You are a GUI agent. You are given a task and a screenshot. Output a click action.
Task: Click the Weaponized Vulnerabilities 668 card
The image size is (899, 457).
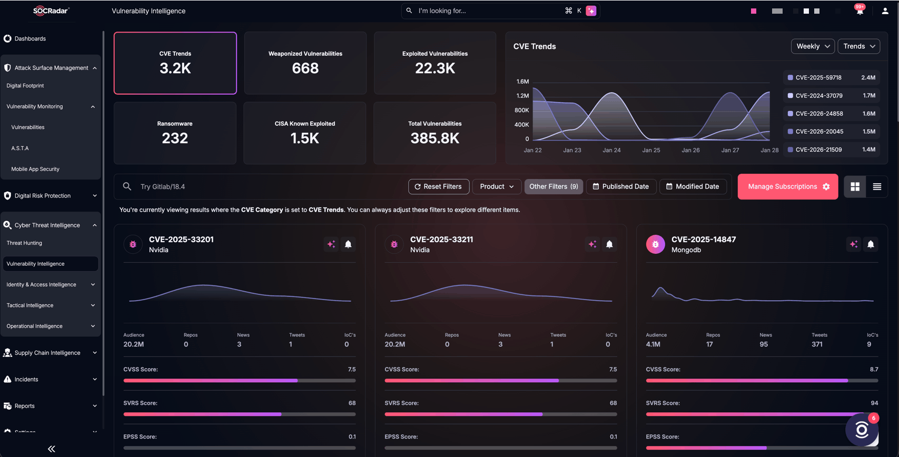click(x=305, y=63)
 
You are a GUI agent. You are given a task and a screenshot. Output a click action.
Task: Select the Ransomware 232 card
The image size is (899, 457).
click(x=175, y=133)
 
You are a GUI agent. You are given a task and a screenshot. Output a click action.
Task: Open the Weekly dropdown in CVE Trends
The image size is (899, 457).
click(x=812, y=46)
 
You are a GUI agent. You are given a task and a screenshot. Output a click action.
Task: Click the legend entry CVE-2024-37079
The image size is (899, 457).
click(x=818, y=96)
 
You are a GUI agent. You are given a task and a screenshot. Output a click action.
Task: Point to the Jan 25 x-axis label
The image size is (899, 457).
click(x=651, y=150)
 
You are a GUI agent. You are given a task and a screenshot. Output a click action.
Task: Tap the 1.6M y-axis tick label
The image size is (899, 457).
click(x=522, y=82)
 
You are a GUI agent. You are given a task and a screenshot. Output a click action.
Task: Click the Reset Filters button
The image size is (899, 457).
click(x=438, y=186)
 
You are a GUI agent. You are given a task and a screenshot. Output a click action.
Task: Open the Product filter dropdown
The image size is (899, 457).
click(x=496, y=186)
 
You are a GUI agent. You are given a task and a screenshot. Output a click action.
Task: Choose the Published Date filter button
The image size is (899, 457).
click(x=620, y=186)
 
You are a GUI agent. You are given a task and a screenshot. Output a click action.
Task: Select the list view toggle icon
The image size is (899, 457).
click(x=876, y=186)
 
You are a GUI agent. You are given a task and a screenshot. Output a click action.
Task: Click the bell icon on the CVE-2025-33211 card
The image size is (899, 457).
click(x=609, y=244)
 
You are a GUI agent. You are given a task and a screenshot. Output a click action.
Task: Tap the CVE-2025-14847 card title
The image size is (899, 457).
click(x=703, y=240)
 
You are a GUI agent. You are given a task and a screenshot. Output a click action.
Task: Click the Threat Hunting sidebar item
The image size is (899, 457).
click(x=24, y=243)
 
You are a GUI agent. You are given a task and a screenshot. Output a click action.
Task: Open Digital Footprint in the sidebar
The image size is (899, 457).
click(x=25, y=85)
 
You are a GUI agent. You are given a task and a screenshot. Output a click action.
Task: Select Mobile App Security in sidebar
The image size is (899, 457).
click(x=35, y=169)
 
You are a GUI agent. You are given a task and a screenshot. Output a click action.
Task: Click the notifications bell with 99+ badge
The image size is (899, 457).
click(x=860, y=11)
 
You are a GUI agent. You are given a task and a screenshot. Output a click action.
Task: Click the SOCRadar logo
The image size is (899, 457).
click(x=51, y=11)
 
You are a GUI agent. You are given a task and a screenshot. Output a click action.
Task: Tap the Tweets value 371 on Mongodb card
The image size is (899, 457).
click(x=817, y=344)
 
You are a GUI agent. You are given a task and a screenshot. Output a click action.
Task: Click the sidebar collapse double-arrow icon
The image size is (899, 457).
click(x=52, y=449)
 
